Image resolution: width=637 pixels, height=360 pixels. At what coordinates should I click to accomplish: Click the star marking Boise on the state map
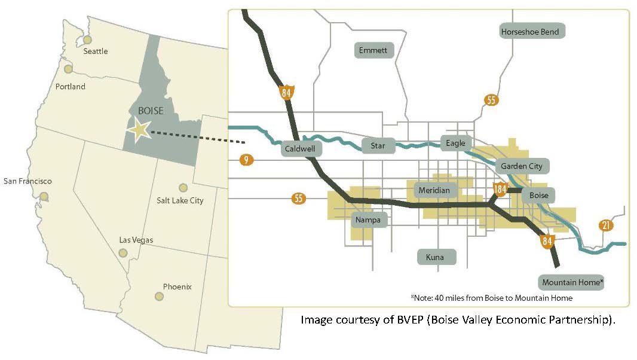point(139,130)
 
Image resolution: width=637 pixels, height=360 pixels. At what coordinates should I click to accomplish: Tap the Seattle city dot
point(88,40)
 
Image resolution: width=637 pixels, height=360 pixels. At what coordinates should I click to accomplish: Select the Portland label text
point(70,87)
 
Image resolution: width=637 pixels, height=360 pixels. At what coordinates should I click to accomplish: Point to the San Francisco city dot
point(44,196)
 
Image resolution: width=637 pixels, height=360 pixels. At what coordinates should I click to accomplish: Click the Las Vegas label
point(136,240)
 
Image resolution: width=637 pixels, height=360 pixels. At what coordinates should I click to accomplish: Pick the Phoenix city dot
point(159,296)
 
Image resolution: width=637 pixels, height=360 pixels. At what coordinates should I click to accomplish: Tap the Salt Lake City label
point(180,201)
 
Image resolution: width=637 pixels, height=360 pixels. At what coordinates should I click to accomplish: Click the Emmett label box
point(374,50)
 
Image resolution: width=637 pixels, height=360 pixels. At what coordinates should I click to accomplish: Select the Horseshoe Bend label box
point(531,31)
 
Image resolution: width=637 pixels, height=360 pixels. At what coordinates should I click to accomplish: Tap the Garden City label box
point(521,166)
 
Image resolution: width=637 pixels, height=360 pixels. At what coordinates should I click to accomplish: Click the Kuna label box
point(436,257)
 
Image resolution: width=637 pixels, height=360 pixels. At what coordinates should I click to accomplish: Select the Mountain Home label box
point(572,282)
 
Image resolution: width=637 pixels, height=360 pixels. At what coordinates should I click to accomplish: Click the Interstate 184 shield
point(501,190)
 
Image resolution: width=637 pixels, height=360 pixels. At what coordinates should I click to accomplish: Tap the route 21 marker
point(606,225)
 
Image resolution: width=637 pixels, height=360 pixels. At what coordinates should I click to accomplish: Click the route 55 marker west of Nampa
point(299,199)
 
